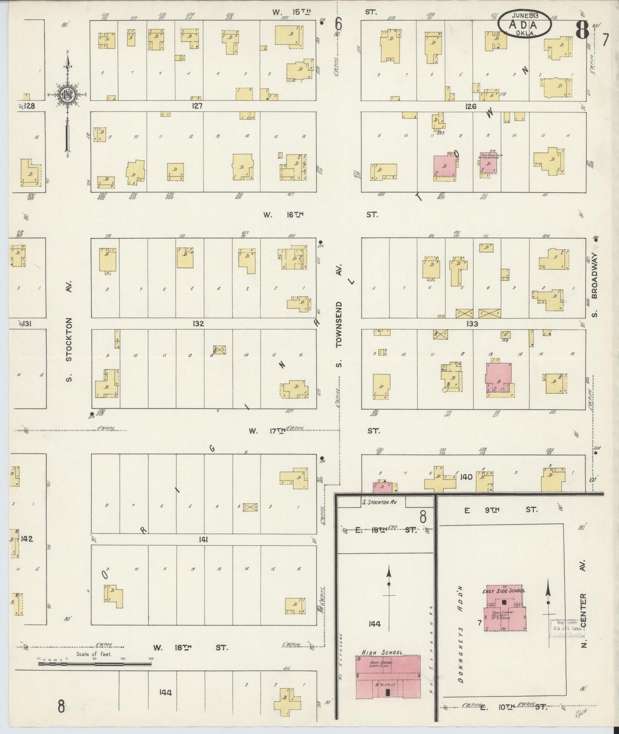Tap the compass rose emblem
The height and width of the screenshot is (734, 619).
(x=67, y=95)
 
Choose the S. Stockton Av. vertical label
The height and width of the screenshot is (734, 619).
(x=70, y=331)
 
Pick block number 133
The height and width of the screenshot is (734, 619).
(x=472, y=324)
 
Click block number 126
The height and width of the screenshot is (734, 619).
(x=470, y=106)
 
